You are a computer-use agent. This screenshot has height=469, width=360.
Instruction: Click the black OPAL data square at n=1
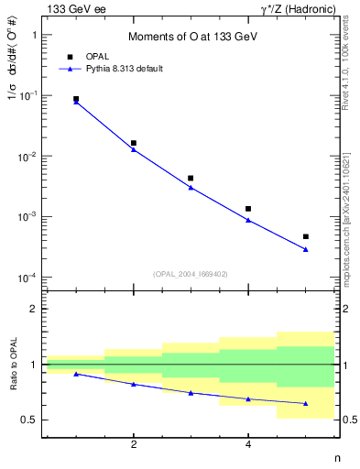pyautogui.click(x=76, y=99)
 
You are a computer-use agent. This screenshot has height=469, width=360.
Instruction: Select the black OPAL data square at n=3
pyautogui.click(x=191, y=179)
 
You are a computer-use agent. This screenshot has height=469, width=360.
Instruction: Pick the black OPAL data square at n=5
pyautogui.click(x=306, y=236)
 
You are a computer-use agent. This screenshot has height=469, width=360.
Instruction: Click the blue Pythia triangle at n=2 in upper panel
pyautogui.click(x=134, y=149)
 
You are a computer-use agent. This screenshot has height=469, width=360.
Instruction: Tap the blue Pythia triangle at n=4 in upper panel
pyautogui.click(x=248, y=220)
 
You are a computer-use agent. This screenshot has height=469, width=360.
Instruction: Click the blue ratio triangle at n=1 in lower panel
pyautogui.click(x=76, y=374)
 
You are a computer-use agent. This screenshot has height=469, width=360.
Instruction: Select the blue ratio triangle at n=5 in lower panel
pyautogui.click(x=306, y=404)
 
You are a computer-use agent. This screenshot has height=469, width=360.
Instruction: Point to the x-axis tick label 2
pyautogui.click(x=134, y=445)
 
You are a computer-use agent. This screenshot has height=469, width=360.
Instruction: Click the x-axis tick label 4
pyautogui.click(x=248, y=445)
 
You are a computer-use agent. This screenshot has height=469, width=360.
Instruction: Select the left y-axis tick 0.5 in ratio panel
pyautogui.click(x=31, y=420)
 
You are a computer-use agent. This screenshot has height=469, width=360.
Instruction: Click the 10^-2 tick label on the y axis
pyautogui.click(x=28, y=157)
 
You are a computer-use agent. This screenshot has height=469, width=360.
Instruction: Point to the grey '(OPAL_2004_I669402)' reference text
pyautogui.click(x=190, y=272)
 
